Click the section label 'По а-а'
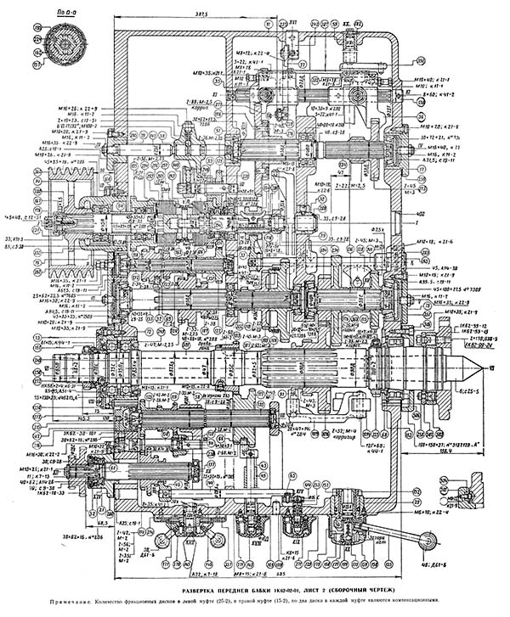(x=59, y=14)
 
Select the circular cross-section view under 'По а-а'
(x=60, y=43)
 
